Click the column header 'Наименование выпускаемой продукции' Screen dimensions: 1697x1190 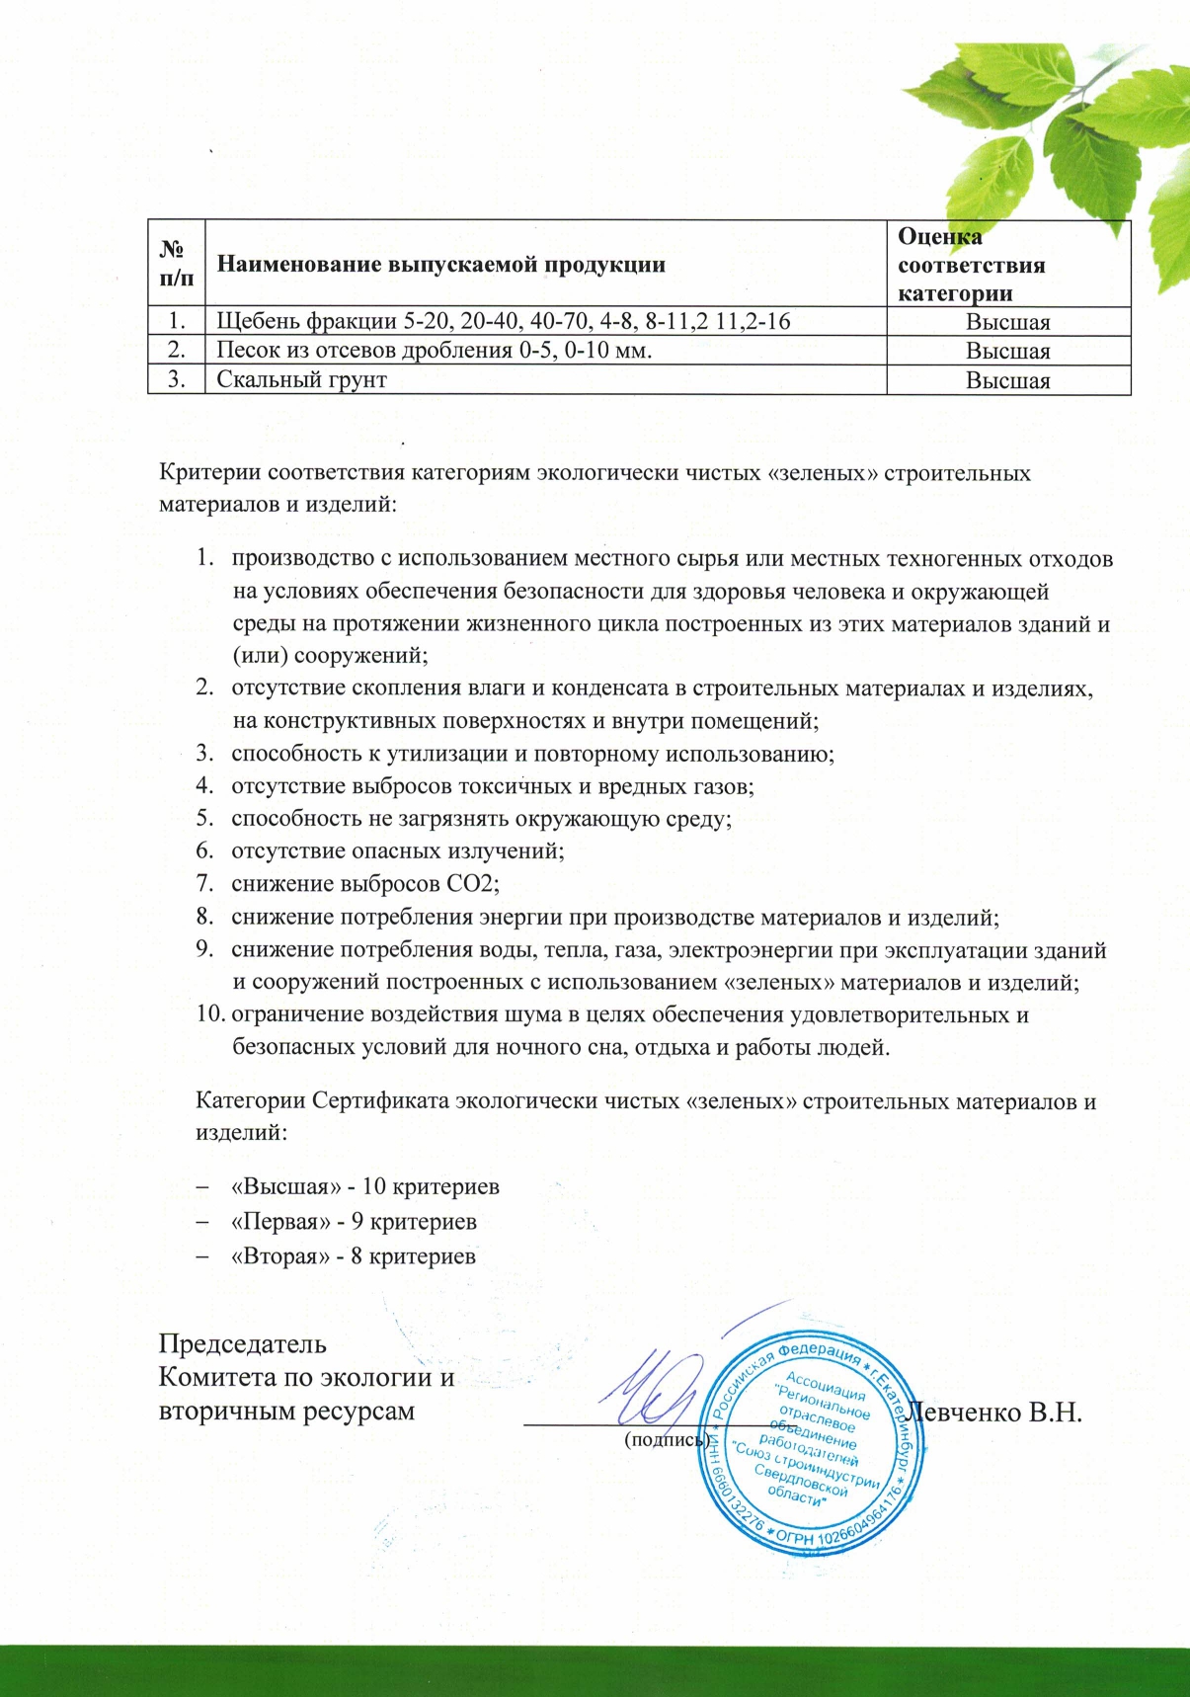pyautogui.click(x=440, y=265)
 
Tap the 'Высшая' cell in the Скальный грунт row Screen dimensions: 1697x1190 pyautogui.click(x=1007, y=380)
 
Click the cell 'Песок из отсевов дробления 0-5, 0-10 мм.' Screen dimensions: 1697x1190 pyautogui.click(x=435, y=351)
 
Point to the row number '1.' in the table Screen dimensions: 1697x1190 pyautogui.click(x=177, y=322)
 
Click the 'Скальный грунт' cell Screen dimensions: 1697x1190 pyautogui.click(x=302, y=380)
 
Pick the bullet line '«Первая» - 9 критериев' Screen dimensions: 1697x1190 pyautogui.click(x=354, y=1222)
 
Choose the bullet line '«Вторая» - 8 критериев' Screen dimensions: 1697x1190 pyautogui.click(x=354, y=1256)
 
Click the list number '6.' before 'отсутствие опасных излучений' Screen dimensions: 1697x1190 pyautogui.click(x=204, y=851)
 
